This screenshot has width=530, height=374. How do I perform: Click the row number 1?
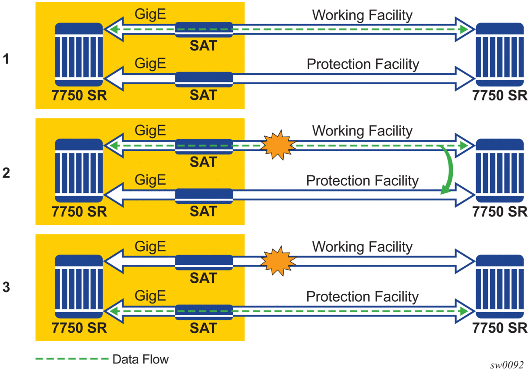pos(6,58)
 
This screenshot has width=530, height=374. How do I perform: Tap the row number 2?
pos(6,174)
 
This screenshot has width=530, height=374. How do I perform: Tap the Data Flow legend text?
pos(140,360)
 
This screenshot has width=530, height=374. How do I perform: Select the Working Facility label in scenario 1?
pos(362,15)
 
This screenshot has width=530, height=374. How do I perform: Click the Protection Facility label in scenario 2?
pos(362,180)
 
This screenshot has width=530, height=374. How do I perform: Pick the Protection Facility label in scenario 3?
pos(362,296)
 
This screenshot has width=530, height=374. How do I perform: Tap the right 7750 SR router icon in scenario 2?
pos(500,170)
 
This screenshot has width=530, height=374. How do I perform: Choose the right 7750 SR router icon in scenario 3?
pos(500,285)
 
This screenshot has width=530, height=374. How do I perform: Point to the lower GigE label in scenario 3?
pos(150,296)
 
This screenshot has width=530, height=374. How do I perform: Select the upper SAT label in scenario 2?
pos(203,162)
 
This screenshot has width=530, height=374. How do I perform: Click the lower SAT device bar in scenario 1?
pos(203,79)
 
